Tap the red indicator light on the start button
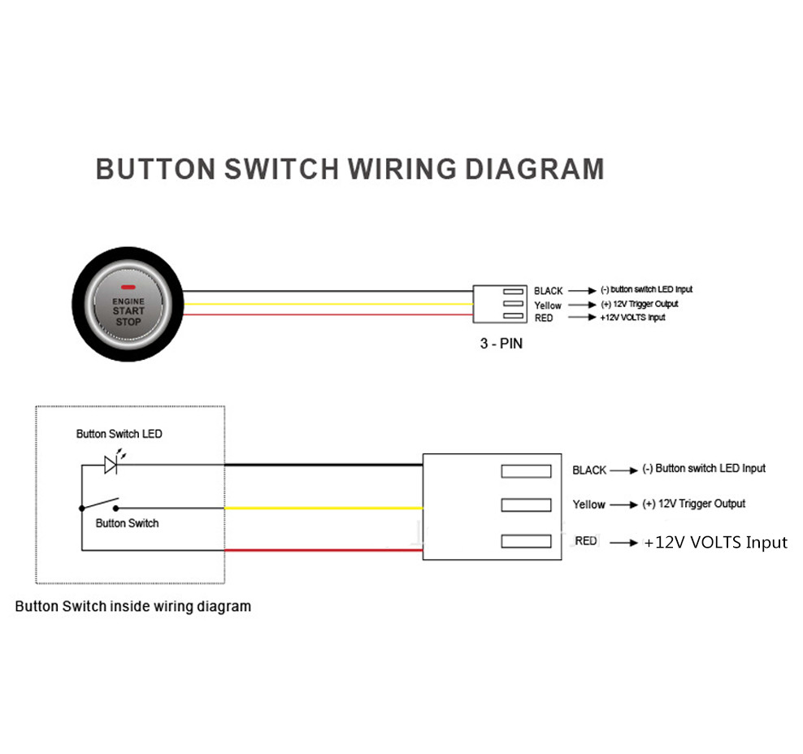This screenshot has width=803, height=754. coord(128,288)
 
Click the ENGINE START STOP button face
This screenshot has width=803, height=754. coord(128,309)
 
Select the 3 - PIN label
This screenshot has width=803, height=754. coord(501,344)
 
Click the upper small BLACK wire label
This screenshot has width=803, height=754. coord(549,291)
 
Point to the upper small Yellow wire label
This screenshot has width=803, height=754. coord(548,305)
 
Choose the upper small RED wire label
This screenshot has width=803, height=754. coord(544,318)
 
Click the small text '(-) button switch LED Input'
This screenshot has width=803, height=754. coord(646,289)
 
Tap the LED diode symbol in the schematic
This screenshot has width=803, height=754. coord(111,464)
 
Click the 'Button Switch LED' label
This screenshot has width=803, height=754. coord(119,434)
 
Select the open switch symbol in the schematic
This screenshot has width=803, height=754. coord(100,505)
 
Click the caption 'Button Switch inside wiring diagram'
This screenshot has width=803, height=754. coord(133,606)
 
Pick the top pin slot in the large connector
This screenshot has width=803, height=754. coord(526,470)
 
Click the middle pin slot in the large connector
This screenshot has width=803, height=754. coord(526,505)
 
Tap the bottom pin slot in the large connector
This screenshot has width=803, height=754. coord(526,540)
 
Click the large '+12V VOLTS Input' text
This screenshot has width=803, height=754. coord(715,542)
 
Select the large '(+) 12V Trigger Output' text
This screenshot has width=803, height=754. coord(693,504)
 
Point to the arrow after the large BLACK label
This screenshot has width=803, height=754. coord(623,470)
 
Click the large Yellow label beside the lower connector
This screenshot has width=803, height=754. coord(588,505)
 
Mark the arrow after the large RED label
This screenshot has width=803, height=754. coord(623,542)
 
